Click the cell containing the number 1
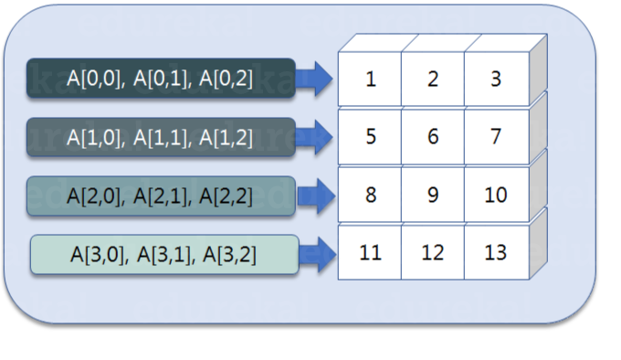click(370, 79)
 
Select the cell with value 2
click(433, 79)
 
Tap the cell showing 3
click(496, 79)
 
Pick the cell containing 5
click(370, 137)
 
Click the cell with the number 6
click(433, 137)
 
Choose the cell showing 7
click(496, 137)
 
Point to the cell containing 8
click(370, 195)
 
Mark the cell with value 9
click(433, 195)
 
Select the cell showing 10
click(496, 195)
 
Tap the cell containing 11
click(370, 251)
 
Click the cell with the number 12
click(433, 251)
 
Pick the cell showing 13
click(496, 251)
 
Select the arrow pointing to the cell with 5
click(316, 137)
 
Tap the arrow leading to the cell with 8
click(316, 195)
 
